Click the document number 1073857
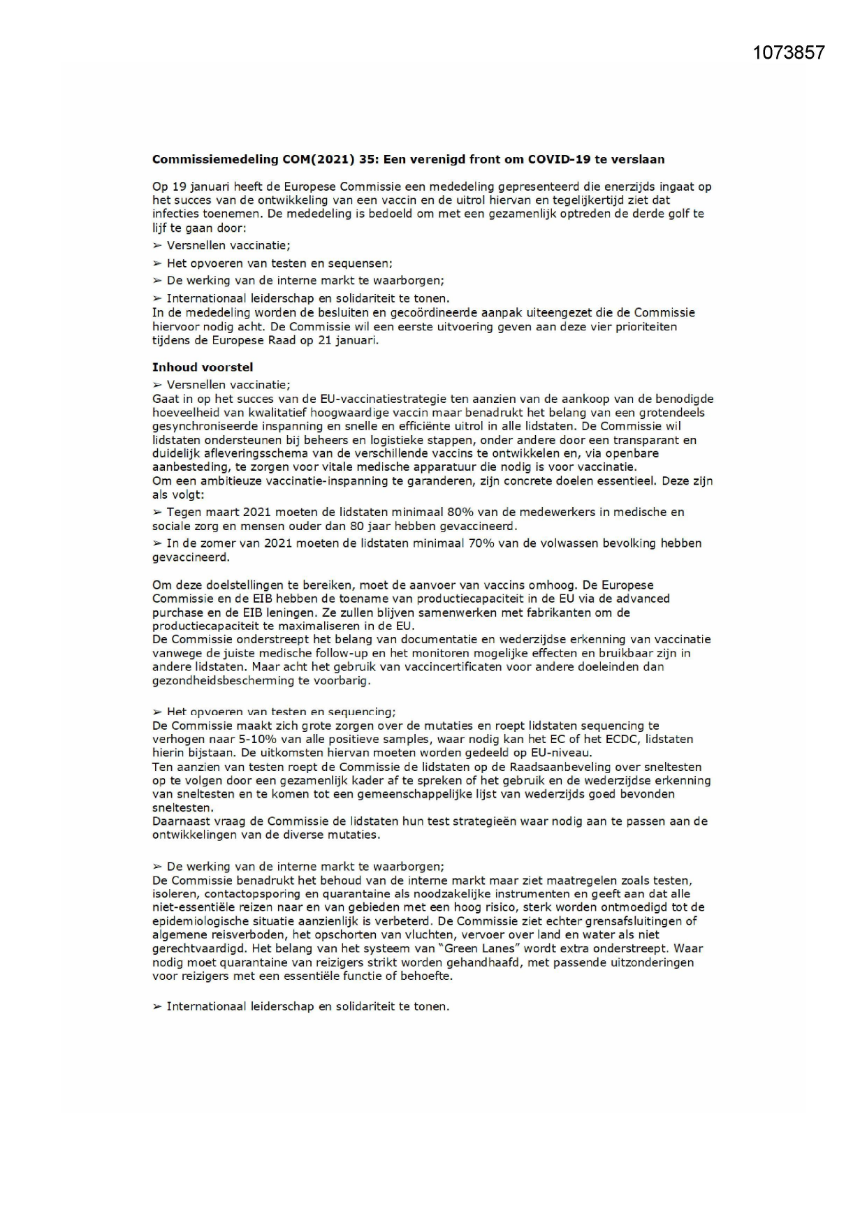789,52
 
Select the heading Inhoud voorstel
203,367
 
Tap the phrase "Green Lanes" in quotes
590,948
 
